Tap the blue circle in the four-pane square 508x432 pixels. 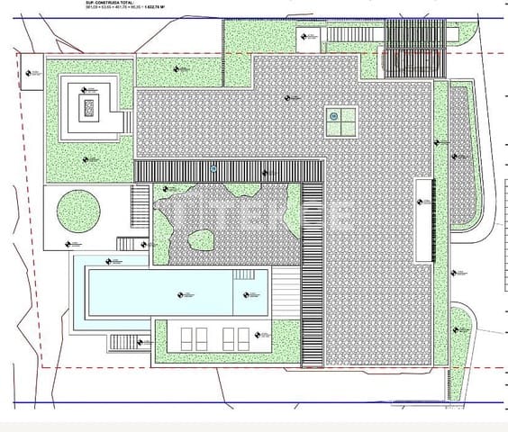pyautogui.click(x=333, y=116)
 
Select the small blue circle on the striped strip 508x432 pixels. pyautogui.click(x=213, y=168)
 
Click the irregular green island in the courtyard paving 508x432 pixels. pyautogui.click(x=200, y=240)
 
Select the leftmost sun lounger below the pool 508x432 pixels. pyautogui.click(x=187, y=338)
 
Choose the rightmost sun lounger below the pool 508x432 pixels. pyautogui.click(x=243, y=338)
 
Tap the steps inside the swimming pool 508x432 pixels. pyautogui.click(x=245, y=274)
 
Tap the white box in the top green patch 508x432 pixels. pyautogui.click(x=308, y=39)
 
